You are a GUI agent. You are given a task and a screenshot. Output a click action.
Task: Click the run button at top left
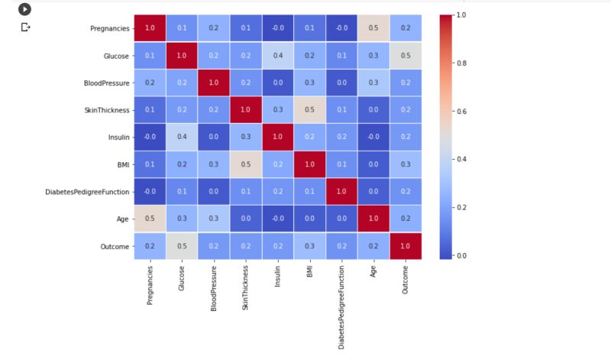[25, 9]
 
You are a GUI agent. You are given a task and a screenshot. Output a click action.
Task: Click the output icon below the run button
[25, 27]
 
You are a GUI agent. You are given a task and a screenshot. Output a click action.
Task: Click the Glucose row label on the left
[114, 56]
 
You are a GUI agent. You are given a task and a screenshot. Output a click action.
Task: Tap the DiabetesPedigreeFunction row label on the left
[88, 191]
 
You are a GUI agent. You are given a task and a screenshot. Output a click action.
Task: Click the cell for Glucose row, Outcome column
[405, 56]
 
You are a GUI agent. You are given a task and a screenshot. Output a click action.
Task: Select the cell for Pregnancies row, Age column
[373, 28]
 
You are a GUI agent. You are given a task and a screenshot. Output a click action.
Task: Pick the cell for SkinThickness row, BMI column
[309, 110]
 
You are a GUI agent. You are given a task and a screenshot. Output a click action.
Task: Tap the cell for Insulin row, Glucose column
[182, 137]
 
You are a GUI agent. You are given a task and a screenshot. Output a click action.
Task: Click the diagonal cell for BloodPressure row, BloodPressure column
[214, 83]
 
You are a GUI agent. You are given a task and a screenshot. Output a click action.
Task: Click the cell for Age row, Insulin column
[277, 219]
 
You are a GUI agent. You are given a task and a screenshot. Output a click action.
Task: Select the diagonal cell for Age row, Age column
[373, 219]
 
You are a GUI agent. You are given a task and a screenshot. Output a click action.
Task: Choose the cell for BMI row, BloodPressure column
[214, 164]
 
